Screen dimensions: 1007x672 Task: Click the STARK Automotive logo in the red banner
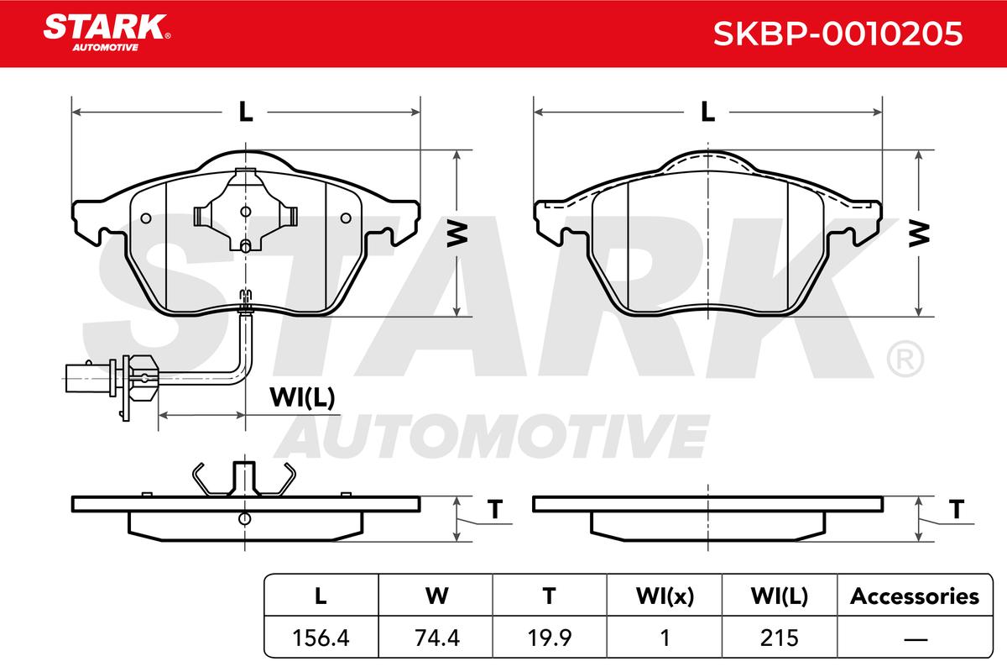(107, 33)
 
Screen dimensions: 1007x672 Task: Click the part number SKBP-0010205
(838, 34)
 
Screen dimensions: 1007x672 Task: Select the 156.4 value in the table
(321, 638)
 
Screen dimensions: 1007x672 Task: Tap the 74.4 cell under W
(437, 638)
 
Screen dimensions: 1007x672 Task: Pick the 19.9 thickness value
(550, 638)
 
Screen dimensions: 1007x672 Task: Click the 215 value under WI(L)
(780, 638)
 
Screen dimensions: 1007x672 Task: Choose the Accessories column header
(915, 596)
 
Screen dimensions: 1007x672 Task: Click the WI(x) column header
(665, 596)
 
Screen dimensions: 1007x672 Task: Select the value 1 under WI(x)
(665, 638)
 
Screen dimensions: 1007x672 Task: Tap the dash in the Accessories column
(916, 639)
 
